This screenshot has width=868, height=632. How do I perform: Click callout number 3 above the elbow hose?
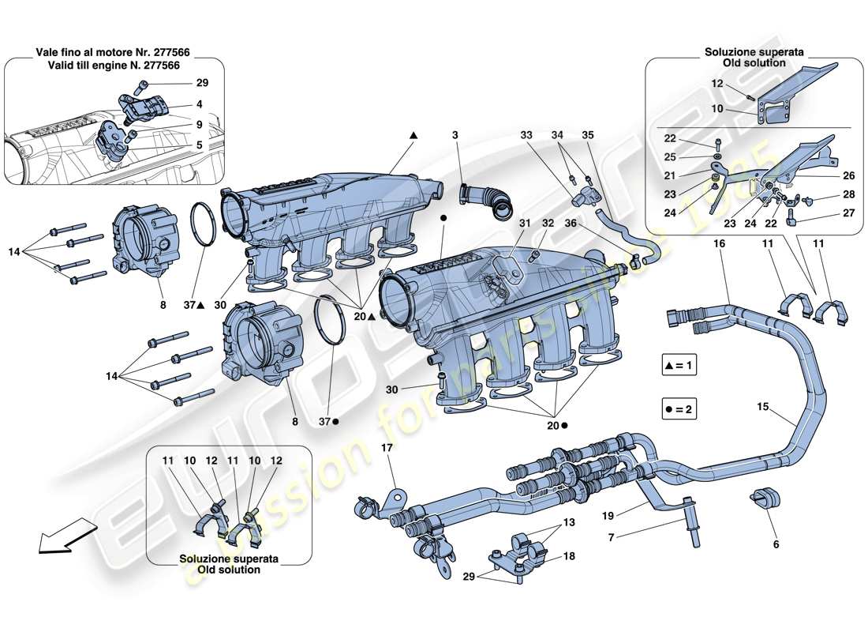[455, 136]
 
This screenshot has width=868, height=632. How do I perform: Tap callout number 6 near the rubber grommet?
[776, 545]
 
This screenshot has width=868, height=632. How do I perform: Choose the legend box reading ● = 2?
[681, 410]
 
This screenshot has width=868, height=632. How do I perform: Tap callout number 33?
[527, 136]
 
